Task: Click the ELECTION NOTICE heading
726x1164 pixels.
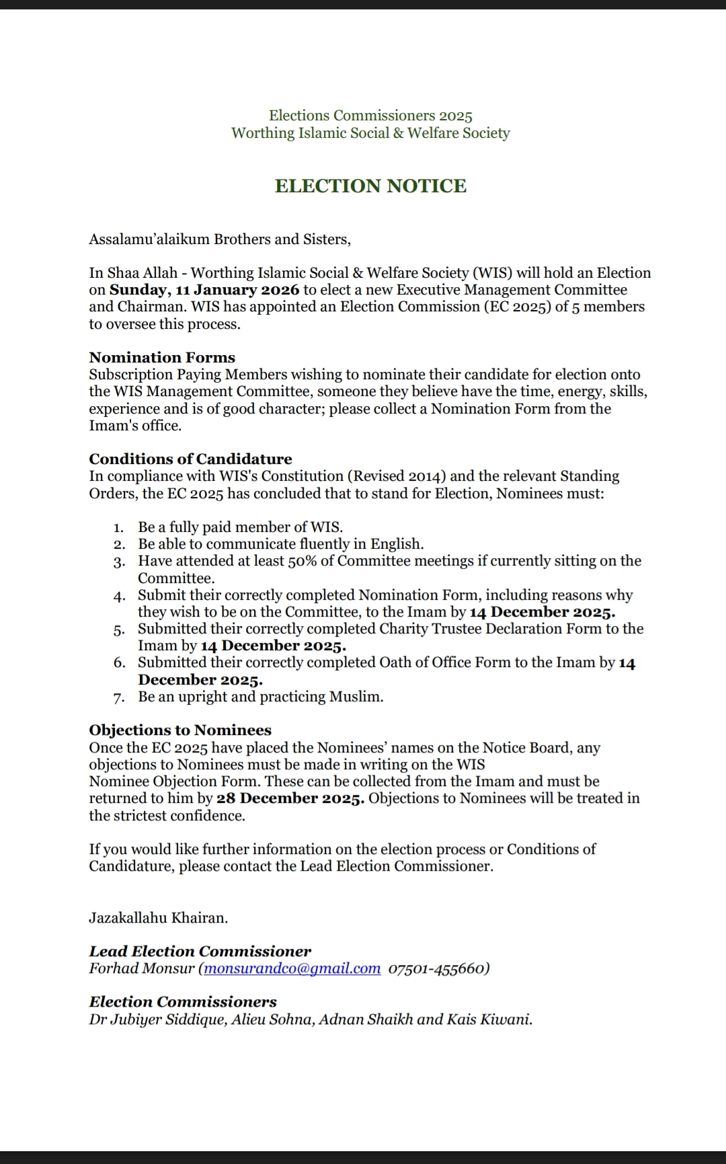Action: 370,186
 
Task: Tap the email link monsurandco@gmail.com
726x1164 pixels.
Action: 292,969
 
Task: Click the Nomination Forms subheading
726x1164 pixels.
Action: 162,358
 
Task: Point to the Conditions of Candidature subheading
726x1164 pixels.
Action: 190,459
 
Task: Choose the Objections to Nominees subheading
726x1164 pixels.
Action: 180,730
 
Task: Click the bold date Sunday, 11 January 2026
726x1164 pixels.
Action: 204,290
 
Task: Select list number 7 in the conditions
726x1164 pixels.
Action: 119,697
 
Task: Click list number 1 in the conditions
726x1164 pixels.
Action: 119,528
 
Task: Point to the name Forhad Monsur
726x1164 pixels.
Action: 142,969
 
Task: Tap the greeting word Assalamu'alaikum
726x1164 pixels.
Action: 149,239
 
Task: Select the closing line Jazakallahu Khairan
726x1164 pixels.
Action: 159,918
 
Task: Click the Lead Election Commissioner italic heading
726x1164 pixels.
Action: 200,952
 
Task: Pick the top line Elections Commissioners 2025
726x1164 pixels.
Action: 370,116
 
